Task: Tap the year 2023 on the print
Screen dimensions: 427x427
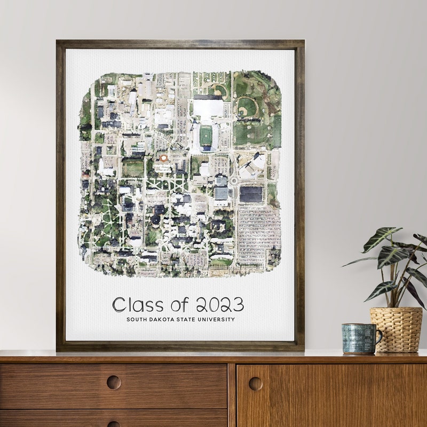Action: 220,305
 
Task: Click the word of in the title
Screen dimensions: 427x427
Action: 180,305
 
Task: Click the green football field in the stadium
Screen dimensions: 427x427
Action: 206,135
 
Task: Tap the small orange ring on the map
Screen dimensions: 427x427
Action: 164,158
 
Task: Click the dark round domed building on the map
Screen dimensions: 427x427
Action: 156,219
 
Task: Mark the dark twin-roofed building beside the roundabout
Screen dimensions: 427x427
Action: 251,194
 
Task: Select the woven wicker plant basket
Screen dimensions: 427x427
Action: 396,329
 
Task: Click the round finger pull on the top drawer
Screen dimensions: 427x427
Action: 113,382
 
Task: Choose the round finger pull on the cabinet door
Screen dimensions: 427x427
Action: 255,383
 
